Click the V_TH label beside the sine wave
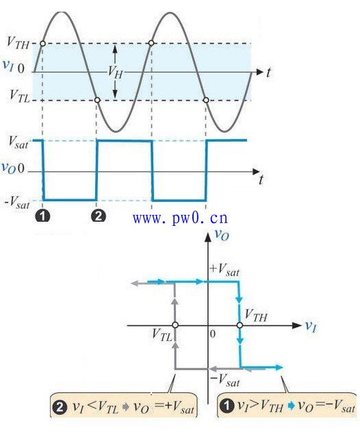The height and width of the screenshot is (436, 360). [x=18, y=43]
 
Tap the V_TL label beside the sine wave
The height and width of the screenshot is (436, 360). [x=19, y=97]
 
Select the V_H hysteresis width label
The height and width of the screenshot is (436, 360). [x=116, y=73]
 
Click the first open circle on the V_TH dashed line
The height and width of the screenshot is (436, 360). [x=42, y=43]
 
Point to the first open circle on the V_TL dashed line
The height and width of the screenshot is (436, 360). [x=97, y=100]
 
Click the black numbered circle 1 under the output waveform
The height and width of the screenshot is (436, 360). [x=42, y=216]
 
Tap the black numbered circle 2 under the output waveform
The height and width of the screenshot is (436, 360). [x=99, y=216]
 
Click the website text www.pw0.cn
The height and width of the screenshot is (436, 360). [x=180, y=218]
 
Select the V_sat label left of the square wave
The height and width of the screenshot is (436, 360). [x=18, y=142]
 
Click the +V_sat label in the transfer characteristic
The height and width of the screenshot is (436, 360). [x=224, y=270]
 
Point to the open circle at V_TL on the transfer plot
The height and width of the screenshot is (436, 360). [x=175, y=325]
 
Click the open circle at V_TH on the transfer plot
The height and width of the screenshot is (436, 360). [x=240, y=325]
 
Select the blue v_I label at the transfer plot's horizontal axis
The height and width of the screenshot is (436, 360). [x=311, y=326]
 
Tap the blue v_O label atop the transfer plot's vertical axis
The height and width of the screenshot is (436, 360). [x=222, y=235]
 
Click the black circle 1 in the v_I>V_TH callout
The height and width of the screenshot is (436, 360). [x=227, y=406]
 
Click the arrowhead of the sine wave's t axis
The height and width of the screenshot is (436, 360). [x=259, y=73]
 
